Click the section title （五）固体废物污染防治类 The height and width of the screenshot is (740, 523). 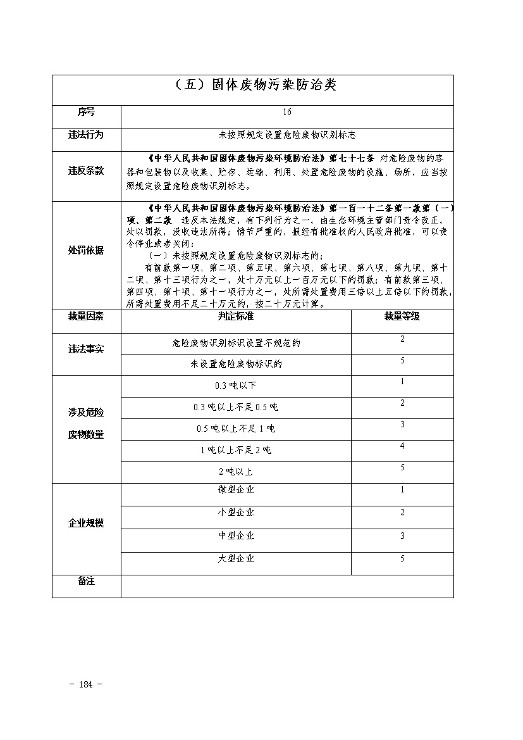click(x=252, y=85)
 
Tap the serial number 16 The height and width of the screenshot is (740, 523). click(x=287, y=112)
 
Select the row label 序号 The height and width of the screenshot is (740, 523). click(x=86, y=112)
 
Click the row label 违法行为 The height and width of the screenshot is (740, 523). click(x=86, y=135)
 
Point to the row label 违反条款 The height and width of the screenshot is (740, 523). click(x=86, y=171)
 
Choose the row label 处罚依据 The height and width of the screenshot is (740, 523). click(x=86, y=250)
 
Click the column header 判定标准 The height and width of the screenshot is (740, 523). click(x=236, y=316)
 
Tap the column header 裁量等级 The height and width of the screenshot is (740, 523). click(x=402, y=316)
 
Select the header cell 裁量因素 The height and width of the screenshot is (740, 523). click(x=86, y=316)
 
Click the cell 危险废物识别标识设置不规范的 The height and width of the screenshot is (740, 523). click(x=236, y=343)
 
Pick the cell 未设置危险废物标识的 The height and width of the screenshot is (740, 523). click(x=236, y=364)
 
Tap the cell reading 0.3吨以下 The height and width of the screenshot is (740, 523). click(x=236, y=386)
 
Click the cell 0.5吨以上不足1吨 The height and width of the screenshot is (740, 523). click(x=236, y=429)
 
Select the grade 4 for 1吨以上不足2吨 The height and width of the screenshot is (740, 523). click(x=402, y=446)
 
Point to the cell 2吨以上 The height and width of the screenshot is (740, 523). click(x=236, y=472)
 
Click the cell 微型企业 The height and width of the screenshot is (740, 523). click(x=236, y=490)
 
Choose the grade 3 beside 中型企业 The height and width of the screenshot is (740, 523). click(x=402, y=536)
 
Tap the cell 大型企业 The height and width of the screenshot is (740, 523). click(x=236, y=559)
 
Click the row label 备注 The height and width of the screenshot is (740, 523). click(x=86, y=581)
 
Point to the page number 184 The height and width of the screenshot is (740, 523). click(x=87, y=684)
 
